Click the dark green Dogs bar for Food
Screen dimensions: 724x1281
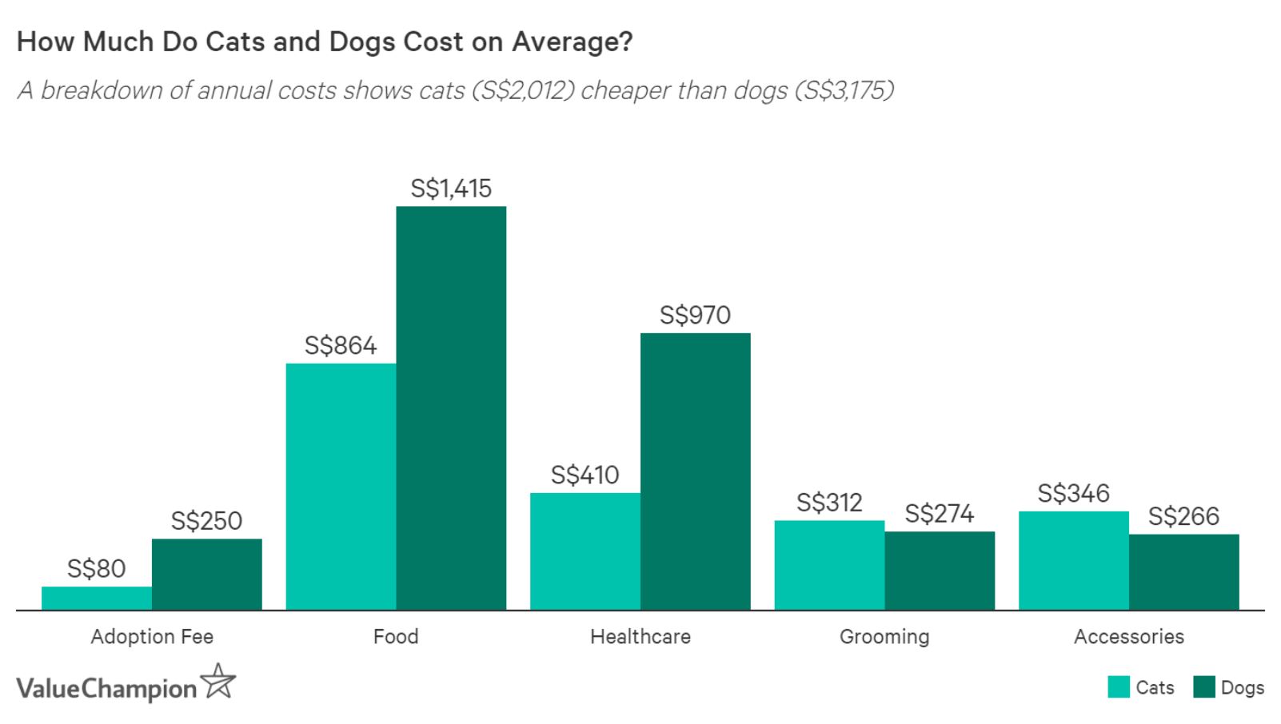point(451,408)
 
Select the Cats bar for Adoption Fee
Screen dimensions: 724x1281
point(97,598)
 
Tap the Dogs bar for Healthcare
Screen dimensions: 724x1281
point(695,471)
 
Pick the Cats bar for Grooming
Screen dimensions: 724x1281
point(829,565)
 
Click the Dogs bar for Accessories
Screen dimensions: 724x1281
point(1183,571)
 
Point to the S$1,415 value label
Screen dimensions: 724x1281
point(451,189)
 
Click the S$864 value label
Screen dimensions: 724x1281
point(341,345)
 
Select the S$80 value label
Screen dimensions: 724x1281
point(97,569)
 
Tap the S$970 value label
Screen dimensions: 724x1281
point(695,315)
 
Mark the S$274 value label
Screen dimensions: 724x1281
point(940,513)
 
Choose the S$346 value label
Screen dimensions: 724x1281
point(1073,493)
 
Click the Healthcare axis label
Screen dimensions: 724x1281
point(640,637)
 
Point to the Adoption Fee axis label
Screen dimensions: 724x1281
point(152,637)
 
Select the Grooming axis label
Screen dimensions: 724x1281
point(884,637)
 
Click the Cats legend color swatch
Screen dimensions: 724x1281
point(1119,687)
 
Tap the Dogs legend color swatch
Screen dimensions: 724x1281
point(1204,687)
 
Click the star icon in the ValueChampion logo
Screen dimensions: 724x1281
point(218,682)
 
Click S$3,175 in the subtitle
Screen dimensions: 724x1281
point(844,90)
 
